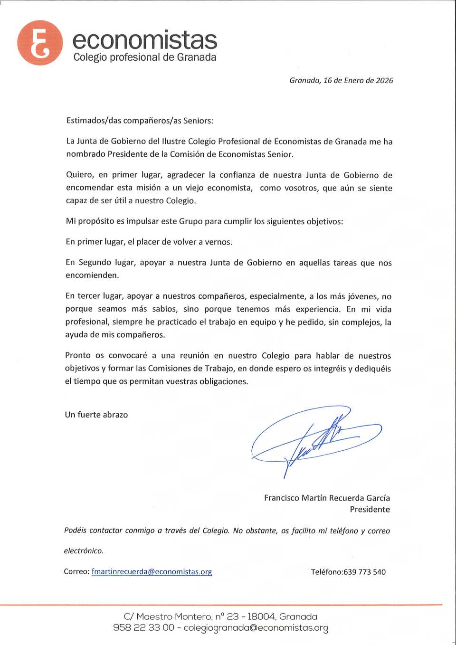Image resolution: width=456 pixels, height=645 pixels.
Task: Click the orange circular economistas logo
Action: coord(40,43)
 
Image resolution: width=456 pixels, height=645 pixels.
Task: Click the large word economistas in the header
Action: coord(144,40)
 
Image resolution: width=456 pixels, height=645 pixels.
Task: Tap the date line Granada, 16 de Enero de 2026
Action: coord(341,81)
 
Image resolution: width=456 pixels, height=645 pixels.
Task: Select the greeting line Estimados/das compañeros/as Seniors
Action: coord(140,121)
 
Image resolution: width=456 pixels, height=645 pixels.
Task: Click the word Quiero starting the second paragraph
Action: coord(79,175)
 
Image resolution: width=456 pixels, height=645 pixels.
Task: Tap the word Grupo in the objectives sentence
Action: coord(191,221)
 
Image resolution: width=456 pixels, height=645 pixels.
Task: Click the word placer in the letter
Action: coord(148,242)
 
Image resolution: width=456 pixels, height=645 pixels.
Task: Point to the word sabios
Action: coord(164,309)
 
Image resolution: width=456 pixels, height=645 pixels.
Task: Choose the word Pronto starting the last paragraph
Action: coord(78,356)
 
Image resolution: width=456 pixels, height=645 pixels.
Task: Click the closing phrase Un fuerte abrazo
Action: coord(96,415)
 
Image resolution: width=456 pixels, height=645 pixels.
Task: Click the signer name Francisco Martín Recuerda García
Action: coord(327,498)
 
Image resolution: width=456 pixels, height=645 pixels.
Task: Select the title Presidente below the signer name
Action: coord(370,510)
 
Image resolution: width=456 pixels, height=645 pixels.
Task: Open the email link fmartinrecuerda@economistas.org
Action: coord(152,572)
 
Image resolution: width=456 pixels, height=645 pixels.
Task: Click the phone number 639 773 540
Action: coord(364,572)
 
